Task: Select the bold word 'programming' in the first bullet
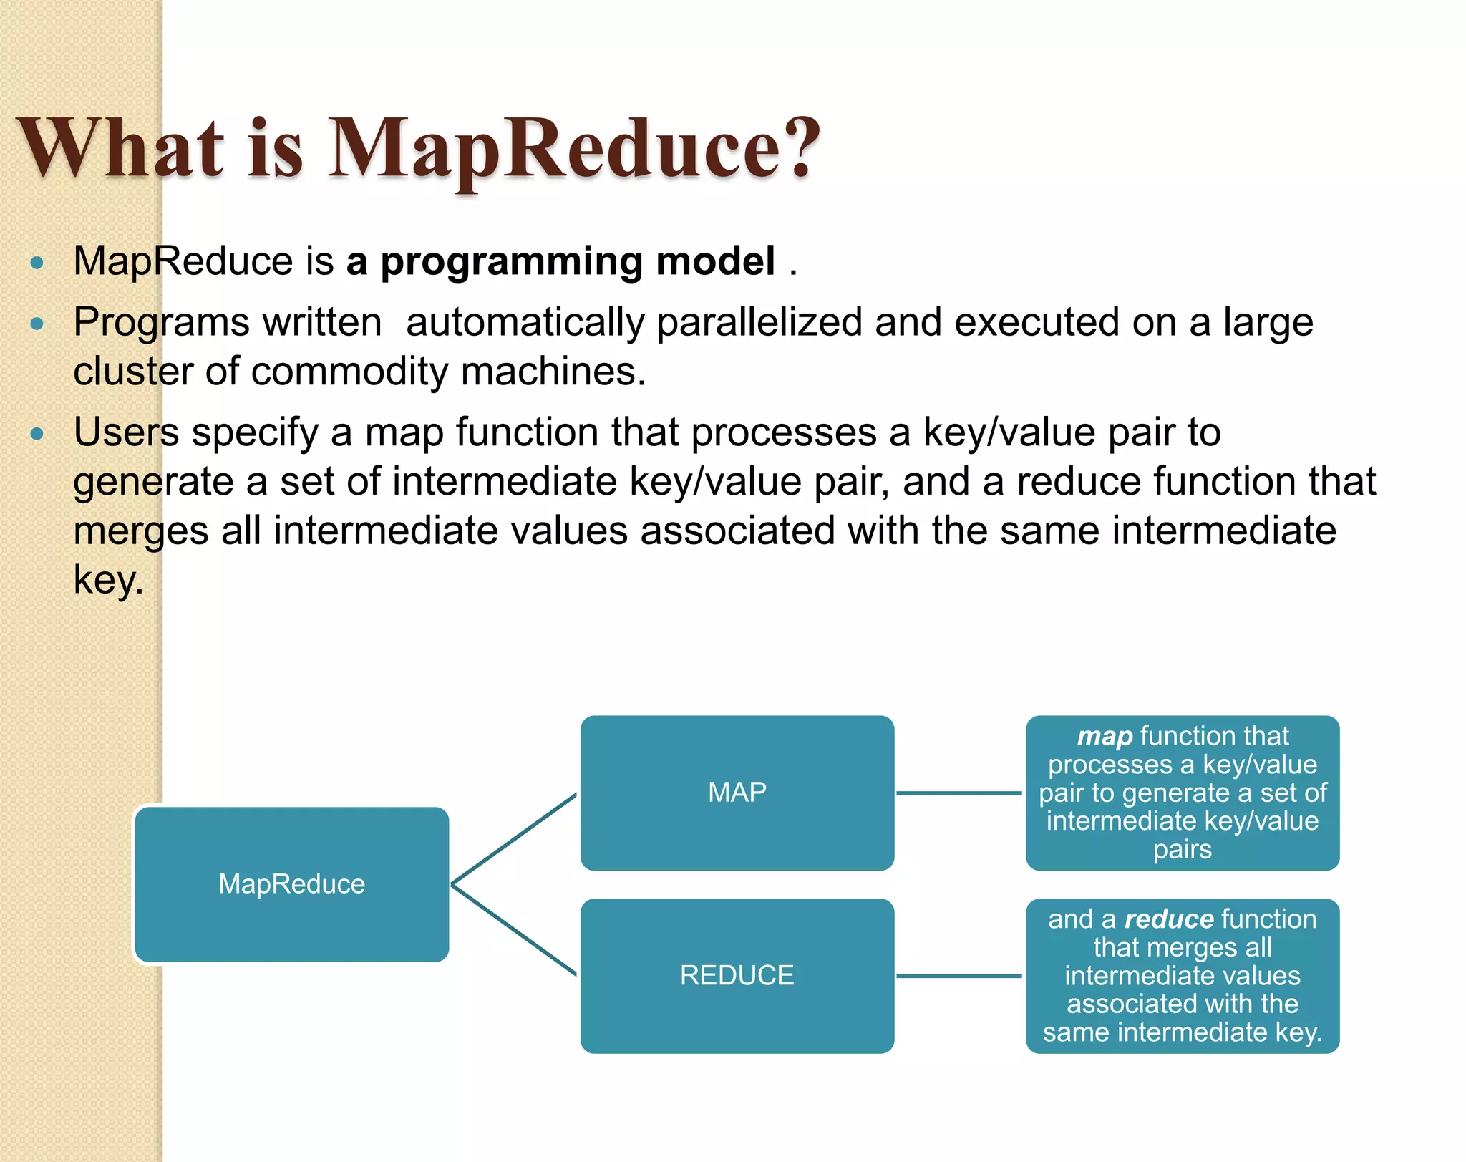tap(511, 262)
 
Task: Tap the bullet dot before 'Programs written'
tap(37, 324)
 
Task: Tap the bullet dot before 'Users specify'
tap(37, 433)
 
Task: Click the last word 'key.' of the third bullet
tap(109, 581)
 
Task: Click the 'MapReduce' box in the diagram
tap(291, 884)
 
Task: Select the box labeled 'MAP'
tap(737, 793)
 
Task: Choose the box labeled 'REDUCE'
tap(737, 975)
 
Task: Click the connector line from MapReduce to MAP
tap(514, 838)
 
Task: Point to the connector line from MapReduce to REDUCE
tap(514, 929)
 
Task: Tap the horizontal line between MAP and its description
tap(959, 793)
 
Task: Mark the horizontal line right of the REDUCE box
tap(959, 976)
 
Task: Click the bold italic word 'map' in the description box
tap(1105, 736)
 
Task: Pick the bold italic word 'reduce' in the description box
tap(1169, 919)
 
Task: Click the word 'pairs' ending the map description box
tap(1182, 850)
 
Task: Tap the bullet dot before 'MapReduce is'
tap(37, 263)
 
